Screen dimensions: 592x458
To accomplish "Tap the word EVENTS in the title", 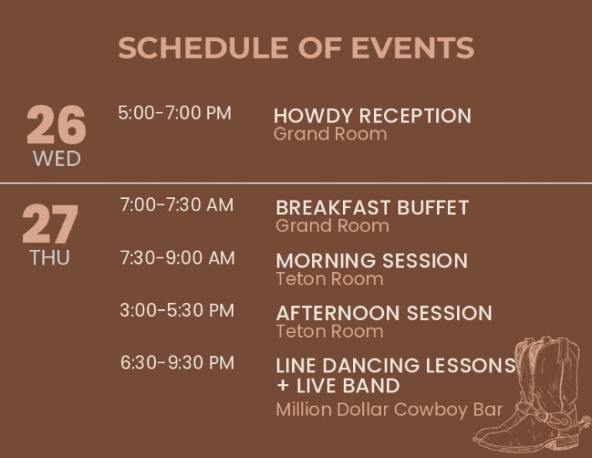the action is click(412, 48).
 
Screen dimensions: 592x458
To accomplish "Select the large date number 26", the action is click(56, 125).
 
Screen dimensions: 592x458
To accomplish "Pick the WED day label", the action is click(57, 159).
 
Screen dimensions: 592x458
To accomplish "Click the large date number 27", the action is click(50, 224).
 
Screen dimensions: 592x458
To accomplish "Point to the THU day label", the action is click(50, 258).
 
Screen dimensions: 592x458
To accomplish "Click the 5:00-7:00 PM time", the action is click(174, 113).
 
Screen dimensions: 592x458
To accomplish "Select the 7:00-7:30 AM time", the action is click(177, 205).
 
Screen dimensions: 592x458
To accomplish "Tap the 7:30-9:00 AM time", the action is click(177, 258).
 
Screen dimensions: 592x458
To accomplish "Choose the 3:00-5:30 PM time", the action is click(177, 311).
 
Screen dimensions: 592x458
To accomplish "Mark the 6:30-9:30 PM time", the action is click(177, 363).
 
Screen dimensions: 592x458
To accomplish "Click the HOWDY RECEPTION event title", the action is click(372, 116).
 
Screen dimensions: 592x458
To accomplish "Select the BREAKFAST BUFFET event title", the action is click(372, 207).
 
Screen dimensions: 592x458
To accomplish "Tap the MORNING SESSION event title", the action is click(372, 261).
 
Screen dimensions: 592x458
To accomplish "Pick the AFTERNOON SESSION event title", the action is click(384, 313).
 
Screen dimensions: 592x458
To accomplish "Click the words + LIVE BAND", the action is click(338, 386).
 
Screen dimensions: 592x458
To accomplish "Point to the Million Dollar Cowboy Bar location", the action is click(389, 409).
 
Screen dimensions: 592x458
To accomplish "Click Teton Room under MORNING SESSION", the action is click(330, 279).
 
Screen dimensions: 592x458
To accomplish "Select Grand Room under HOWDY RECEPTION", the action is click(331, 134).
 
